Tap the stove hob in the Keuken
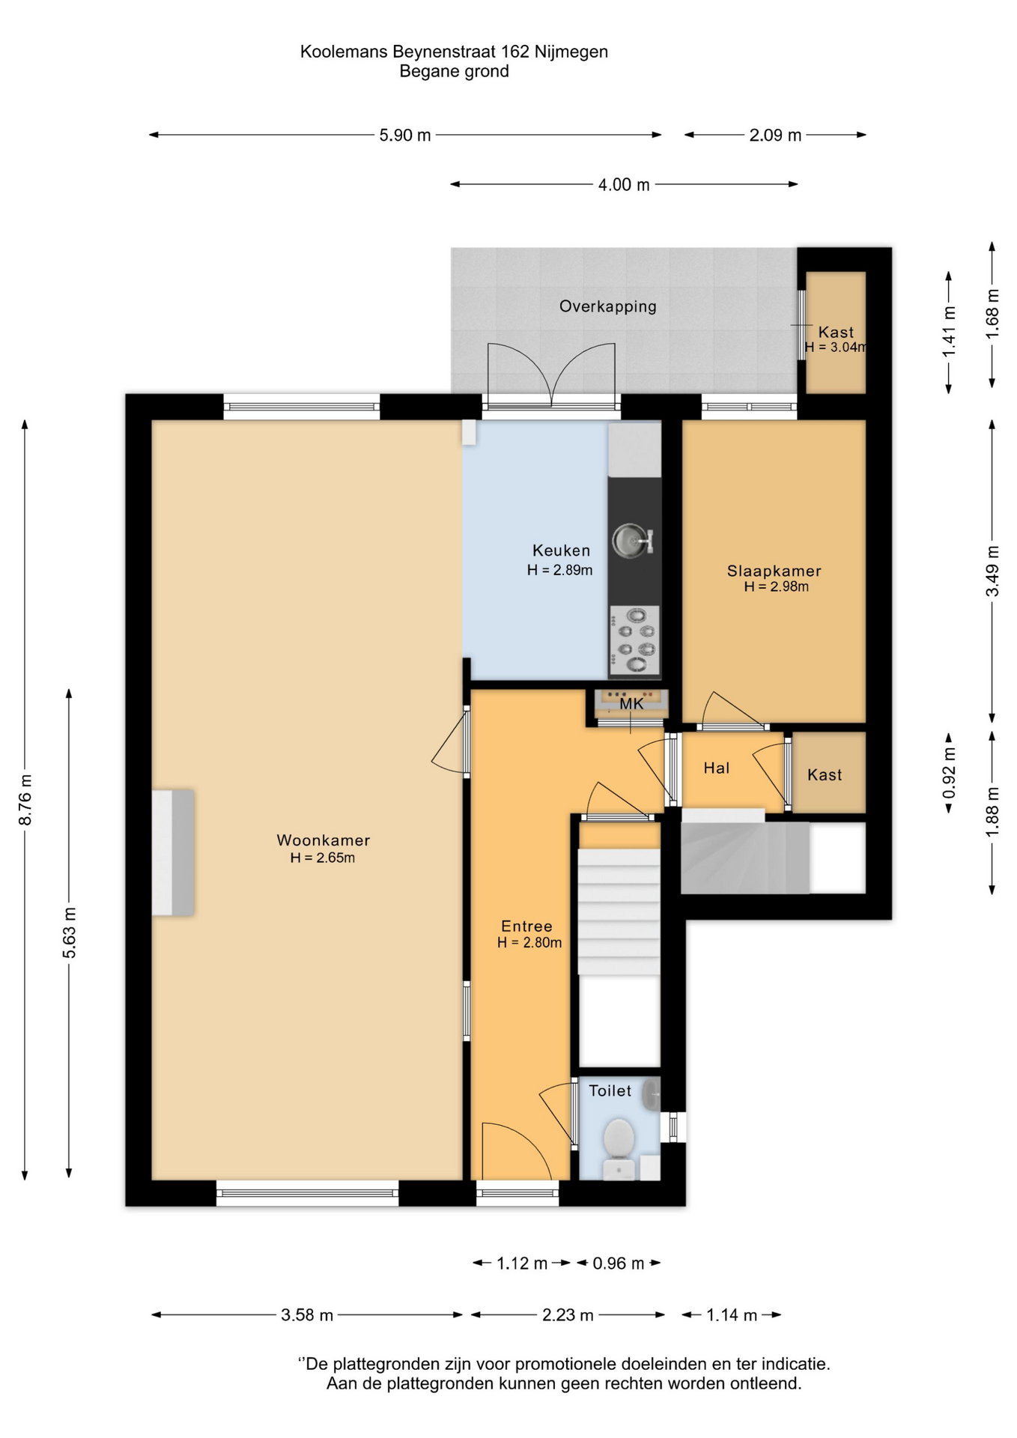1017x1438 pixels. coord(634,640)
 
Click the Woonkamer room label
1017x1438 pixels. coord(324,840)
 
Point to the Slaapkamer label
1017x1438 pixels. coord(774,571)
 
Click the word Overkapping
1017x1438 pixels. coord(608,306)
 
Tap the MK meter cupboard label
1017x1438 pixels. coord(631,704)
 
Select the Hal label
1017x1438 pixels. coord(717,768)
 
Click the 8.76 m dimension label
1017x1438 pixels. coord(25,798)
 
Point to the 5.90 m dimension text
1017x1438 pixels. coord(405,136)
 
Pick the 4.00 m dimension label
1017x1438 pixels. coord(624,185)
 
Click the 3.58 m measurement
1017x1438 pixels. coord(307,1315)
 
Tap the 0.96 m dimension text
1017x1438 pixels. coord(619,1263)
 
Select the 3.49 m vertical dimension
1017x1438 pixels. coord(992,571)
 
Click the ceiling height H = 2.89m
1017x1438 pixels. coord(560,570)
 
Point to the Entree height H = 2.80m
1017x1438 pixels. coord(529,942)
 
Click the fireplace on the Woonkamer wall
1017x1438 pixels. coord(173,852)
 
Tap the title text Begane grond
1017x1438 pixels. coord(455,72)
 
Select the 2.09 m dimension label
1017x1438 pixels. coord(775,136)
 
